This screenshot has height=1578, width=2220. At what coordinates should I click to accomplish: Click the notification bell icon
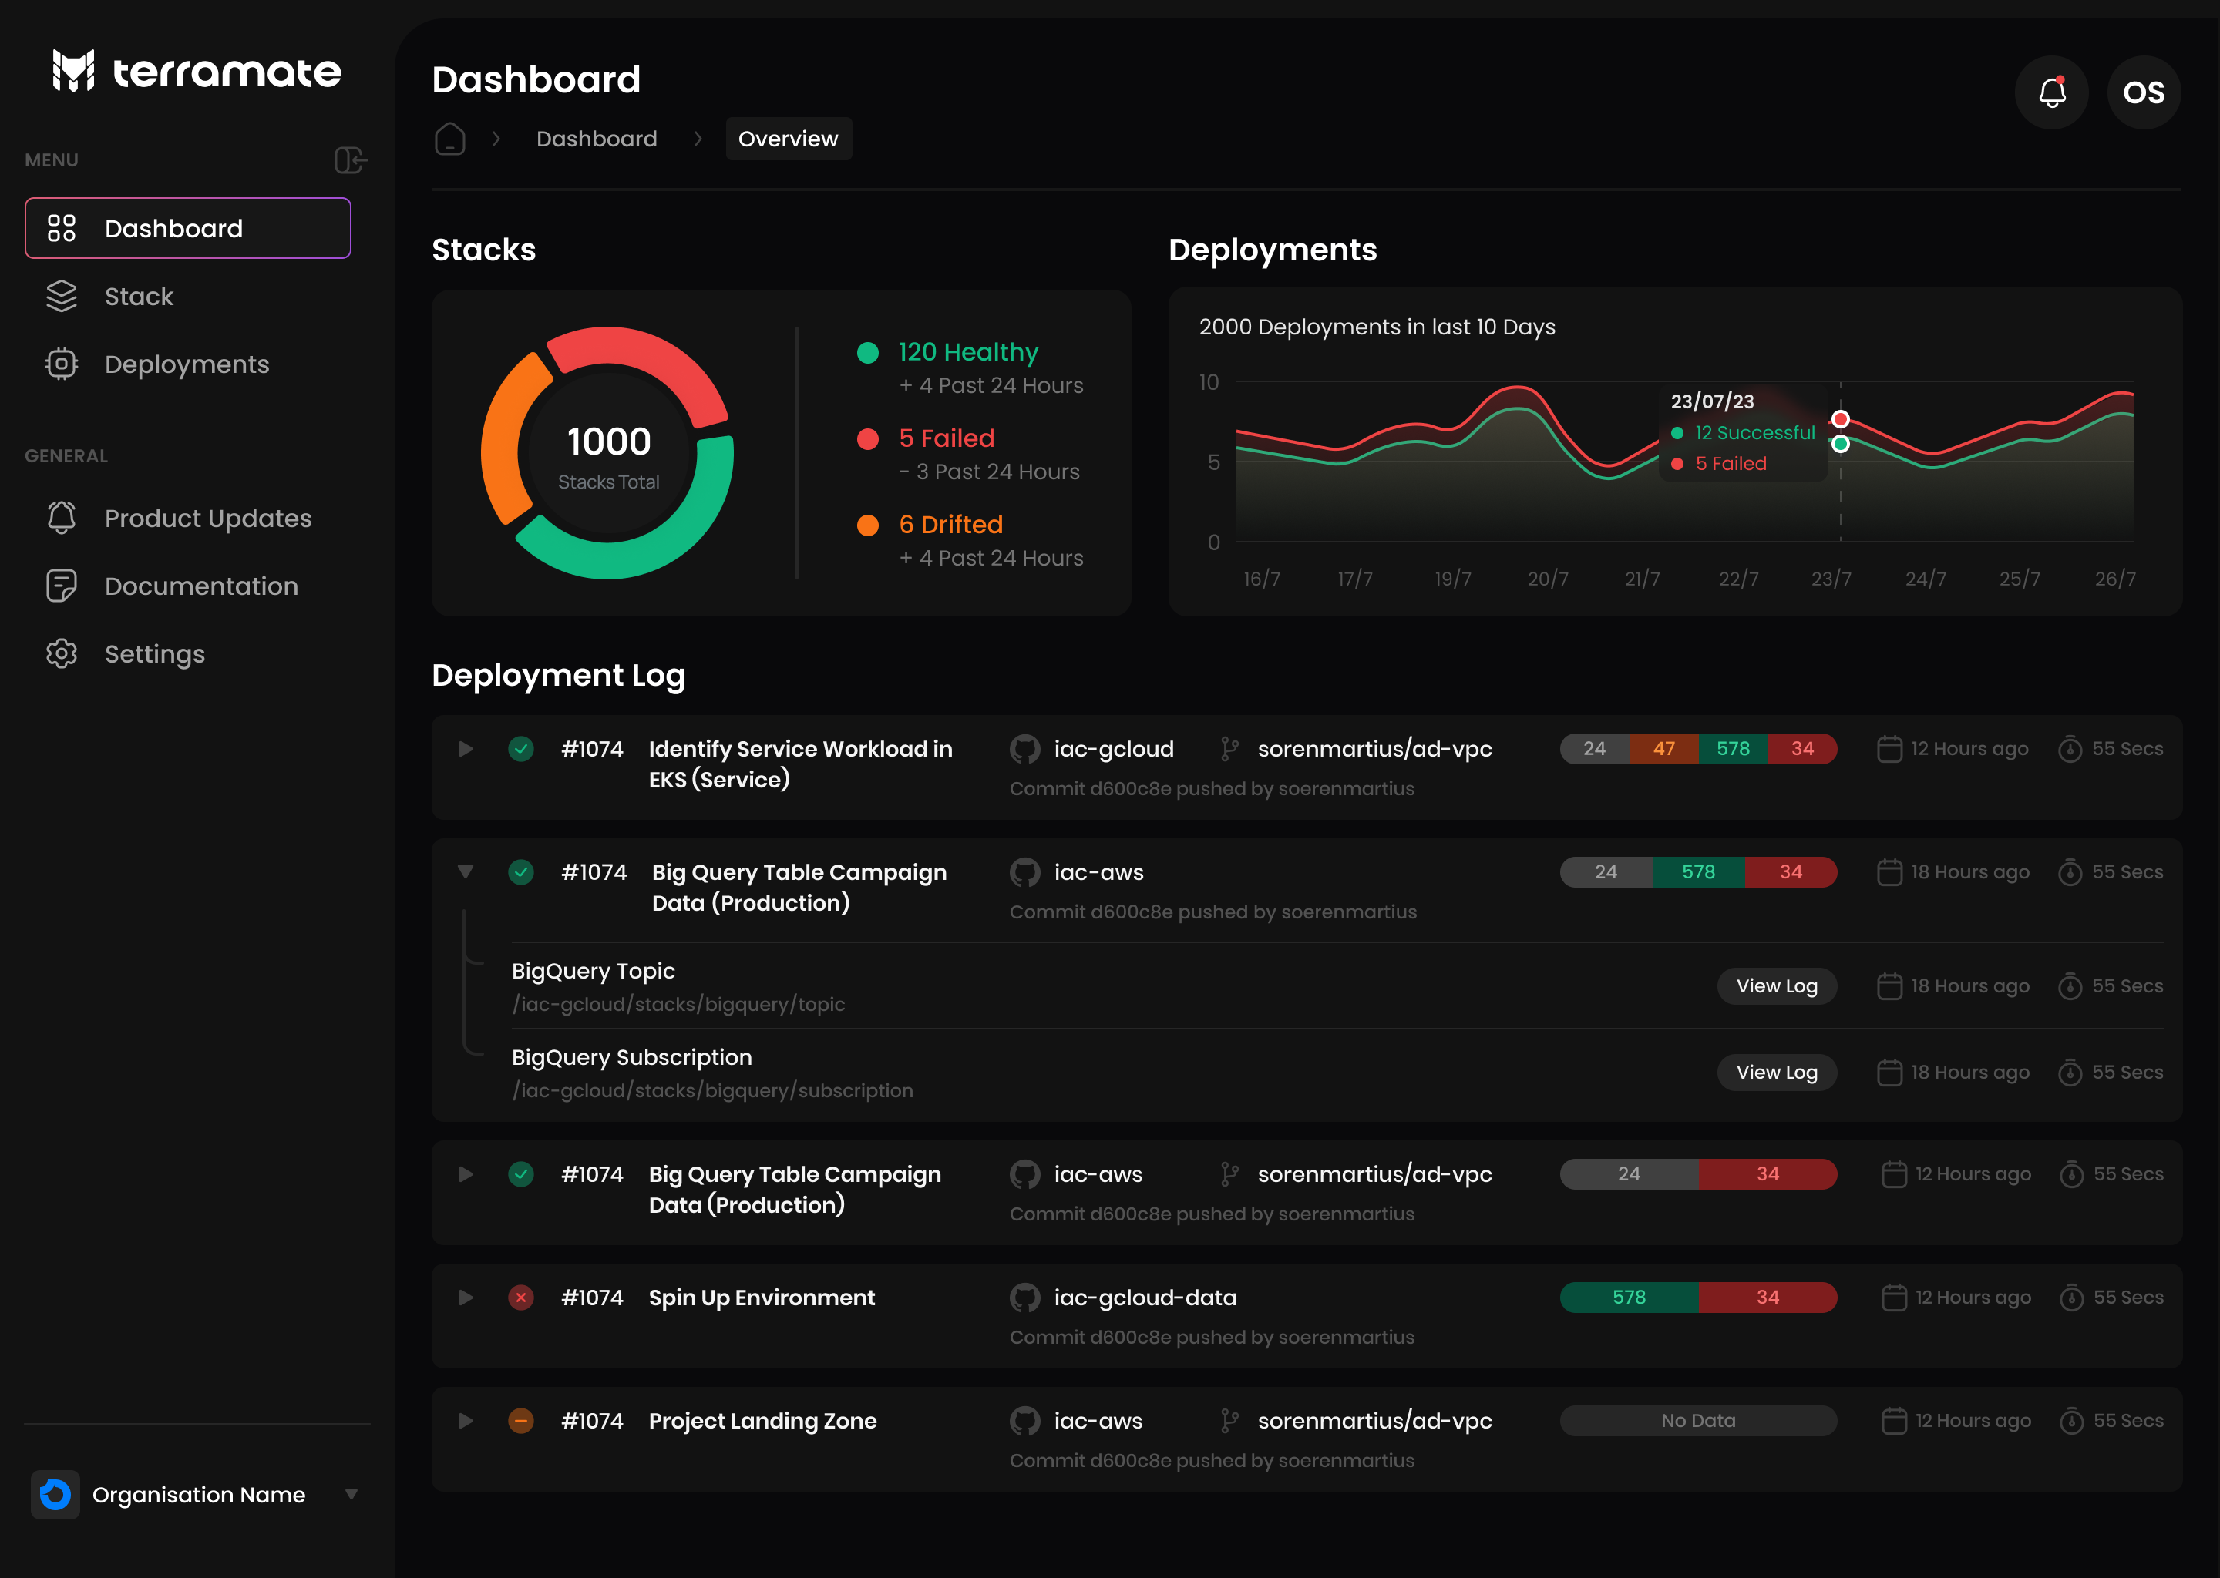tap(2051, 92)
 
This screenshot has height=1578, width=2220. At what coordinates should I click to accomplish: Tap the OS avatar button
tap(2143, 92)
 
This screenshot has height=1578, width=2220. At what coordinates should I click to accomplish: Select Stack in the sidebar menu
tap(139, 297)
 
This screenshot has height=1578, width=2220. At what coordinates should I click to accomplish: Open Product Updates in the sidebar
tap(207, 518)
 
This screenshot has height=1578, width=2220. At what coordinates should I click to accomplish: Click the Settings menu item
tap(154, 654)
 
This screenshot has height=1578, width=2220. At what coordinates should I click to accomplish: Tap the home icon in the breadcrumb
tap(449, 139)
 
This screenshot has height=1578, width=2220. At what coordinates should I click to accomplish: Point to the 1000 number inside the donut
tap(608, 442)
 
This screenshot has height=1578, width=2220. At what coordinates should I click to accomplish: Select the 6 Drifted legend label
tap(950, 525)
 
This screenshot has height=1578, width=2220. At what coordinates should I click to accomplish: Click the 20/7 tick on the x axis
tap(1547, 579)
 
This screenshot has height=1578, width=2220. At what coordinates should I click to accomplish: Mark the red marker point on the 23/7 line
tap(1840, 420)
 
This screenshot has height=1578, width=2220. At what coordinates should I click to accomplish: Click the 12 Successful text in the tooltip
tap(1754, 433)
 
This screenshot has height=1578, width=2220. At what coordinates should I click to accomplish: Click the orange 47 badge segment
tap(1664, 749)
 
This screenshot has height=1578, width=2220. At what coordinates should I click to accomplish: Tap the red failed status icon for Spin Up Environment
tap(521, 1298)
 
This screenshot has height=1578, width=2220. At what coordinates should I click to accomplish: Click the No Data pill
tap(1697, 1421)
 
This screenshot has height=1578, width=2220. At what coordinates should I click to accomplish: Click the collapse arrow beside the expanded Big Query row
tap(466, 871)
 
